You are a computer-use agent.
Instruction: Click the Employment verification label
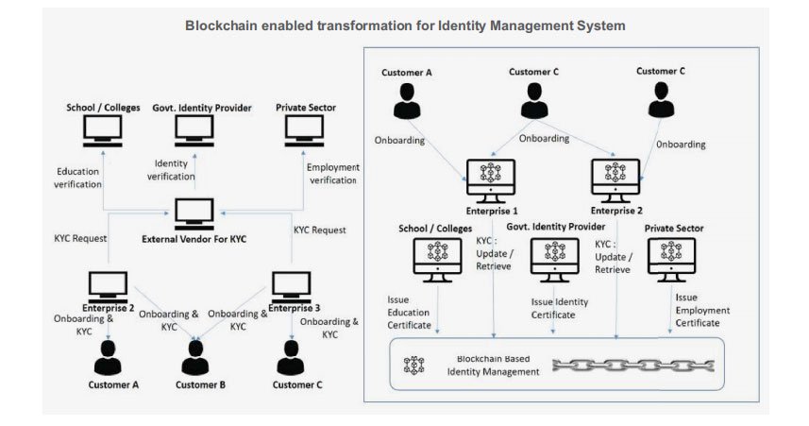coord(333,173)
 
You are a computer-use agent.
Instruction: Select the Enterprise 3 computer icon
coord(291,286)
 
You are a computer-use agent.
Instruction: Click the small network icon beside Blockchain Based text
coord(413,366)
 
